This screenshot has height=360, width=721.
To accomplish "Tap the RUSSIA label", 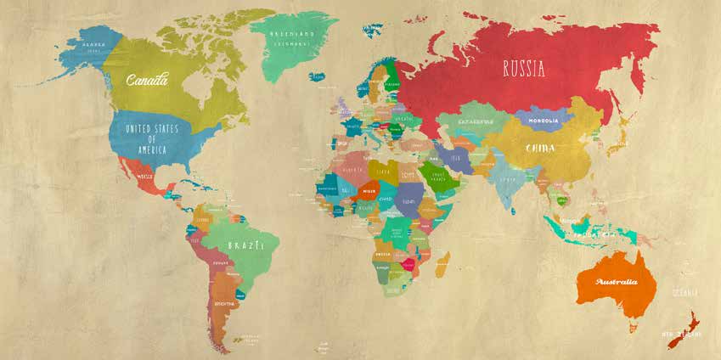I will tap(523, 69).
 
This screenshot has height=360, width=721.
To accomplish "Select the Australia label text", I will tap(617, 281).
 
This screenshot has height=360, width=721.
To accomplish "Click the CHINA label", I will tap(540, 149).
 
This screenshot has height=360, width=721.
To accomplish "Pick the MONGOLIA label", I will tap(544, 121).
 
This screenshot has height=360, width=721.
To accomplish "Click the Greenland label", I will tap(292, 37).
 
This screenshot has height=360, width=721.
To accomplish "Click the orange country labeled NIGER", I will tap(369, 191).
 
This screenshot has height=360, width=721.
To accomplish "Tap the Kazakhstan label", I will tap(476, 121).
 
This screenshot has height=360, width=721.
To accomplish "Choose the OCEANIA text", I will tap(685, 293).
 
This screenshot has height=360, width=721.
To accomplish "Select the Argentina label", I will tap(223, 302).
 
